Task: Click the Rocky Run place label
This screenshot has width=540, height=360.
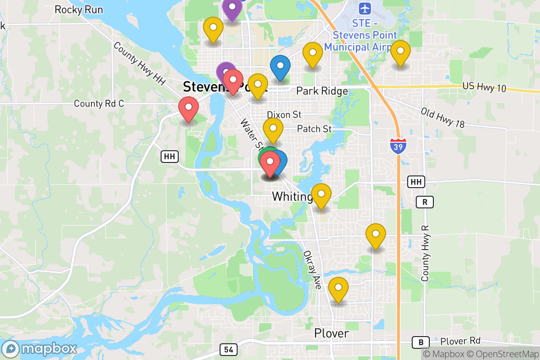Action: click(79, 9)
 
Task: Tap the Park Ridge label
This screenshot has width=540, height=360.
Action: click(322, 91)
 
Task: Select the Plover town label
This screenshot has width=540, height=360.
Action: click(331, 333)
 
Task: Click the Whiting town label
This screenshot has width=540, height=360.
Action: click(292, 197)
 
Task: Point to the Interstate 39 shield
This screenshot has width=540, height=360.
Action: click(398, 146)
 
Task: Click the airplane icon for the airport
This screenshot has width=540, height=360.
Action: click(365, 8)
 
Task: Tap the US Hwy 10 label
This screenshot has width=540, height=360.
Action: click(484, 87)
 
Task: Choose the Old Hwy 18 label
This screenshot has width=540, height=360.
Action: click(442, 117)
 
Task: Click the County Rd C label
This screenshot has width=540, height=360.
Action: click(99, 103)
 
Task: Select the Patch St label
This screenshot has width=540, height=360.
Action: click(314, 129)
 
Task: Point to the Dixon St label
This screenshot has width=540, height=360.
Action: click(284, 115)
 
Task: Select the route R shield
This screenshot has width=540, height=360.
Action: click(424, 202)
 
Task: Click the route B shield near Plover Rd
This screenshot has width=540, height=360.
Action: click(421, 342)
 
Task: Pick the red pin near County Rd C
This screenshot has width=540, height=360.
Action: click(189, 108)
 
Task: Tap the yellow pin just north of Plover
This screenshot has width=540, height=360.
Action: click(338, 288)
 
